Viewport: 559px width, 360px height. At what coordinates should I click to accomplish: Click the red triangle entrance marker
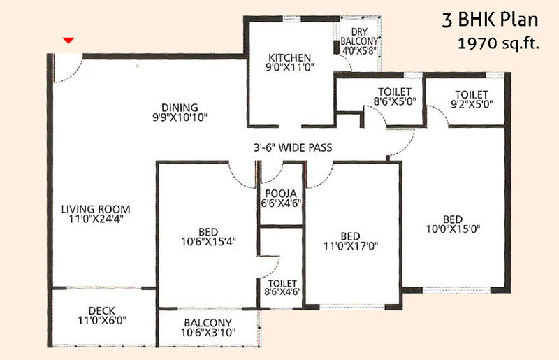coord(68,41)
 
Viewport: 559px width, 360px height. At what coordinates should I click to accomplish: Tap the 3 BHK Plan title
coord(490,20)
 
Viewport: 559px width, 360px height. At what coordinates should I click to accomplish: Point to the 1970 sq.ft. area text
coord(498,43)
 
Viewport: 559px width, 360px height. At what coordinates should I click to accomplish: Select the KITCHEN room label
coord(289,57)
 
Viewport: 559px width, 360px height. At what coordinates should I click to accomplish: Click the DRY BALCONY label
coord(359,36)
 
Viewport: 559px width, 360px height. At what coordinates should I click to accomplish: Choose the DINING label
coord(180,108)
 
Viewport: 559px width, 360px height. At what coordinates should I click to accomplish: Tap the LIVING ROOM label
coord(96,209)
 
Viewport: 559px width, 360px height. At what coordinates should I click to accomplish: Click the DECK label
coord(102,311)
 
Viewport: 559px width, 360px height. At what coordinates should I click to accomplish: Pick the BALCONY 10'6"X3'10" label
coord(208,328)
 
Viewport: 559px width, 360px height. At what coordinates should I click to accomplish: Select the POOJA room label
coord(281,194)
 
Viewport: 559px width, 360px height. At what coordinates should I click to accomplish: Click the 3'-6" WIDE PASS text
coord(293,147)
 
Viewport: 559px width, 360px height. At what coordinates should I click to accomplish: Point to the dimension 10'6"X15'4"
coord(208,242)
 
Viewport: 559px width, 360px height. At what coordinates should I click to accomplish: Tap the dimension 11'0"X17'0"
coord(351,246)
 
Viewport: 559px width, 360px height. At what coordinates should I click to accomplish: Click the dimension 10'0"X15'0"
coord(453,229)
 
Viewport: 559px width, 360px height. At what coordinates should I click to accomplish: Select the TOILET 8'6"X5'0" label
coord(395,96)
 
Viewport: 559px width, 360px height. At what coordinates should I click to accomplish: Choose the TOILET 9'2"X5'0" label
coord(472,99)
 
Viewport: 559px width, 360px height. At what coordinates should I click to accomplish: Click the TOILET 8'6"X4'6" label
coord(282,287)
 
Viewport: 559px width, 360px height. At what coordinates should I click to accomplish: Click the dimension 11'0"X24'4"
coord(96,219)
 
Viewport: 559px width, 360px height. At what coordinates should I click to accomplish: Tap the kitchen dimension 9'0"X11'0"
coord(289,66)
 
